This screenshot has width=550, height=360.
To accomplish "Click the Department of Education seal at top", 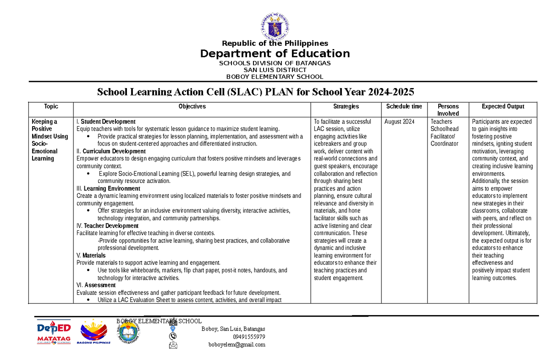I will [275, 25].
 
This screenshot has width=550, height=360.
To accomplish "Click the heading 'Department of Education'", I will [275, 54].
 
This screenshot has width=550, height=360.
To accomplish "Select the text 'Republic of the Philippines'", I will [275, 44].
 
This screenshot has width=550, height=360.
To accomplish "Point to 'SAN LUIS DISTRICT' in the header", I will [275, 70].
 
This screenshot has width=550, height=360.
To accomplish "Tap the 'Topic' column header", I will [51, 106].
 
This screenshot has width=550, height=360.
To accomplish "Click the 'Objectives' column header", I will [192, 106].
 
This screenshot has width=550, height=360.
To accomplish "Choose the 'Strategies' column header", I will [346, 106].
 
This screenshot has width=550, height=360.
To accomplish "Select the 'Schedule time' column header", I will [404, 106].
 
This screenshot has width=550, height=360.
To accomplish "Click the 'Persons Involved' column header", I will [448, 110].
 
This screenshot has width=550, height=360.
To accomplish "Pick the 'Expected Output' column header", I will [503, 106].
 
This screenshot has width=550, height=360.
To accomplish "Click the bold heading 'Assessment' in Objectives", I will [100, 285].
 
